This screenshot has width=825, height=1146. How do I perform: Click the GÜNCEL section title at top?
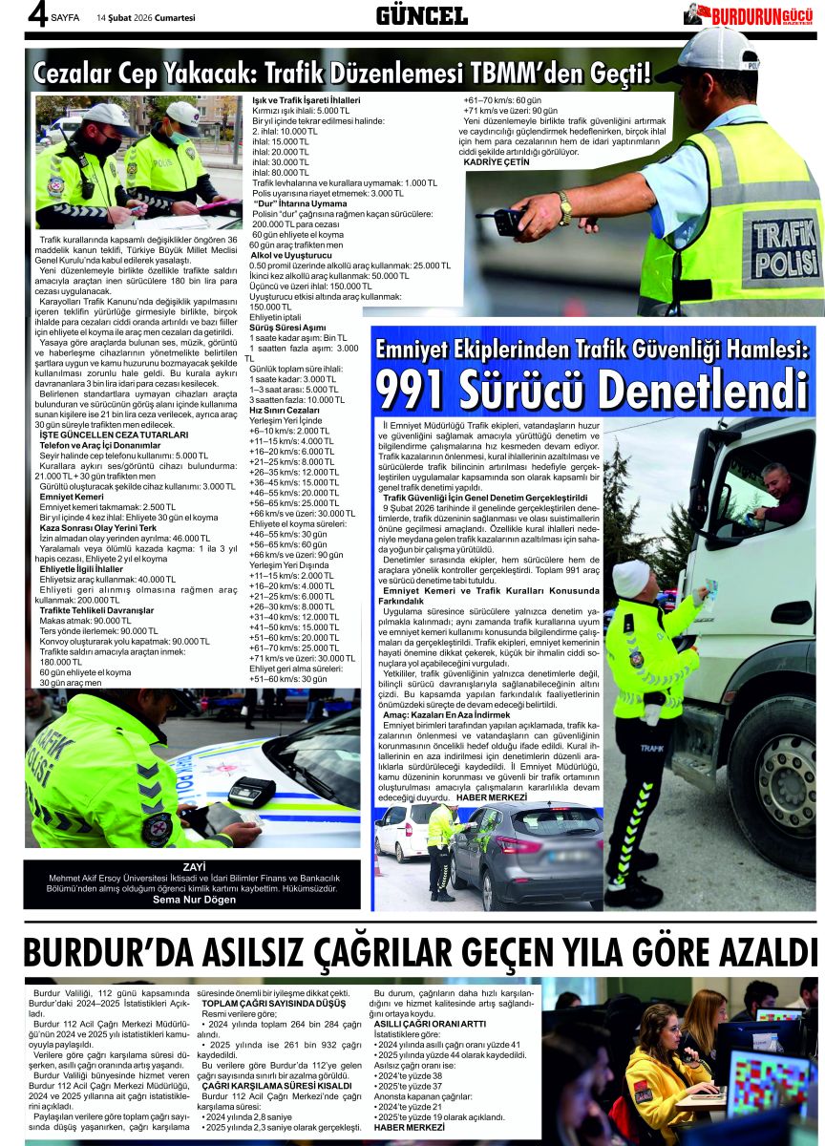click(421, 15)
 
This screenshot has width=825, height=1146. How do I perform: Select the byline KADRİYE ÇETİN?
click(496, 162)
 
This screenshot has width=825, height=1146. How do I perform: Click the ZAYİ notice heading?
click(194, 867)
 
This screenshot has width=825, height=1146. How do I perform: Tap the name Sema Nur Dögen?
click(194, 900)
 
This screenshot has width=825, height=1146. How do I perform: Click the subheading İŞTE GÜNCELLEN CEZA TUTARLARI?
click(113, 435)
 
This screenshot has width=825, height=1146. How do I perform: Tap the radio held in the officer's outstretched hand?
click(507, 222)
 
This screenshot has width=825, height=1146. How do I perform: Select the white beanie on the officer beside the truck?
click(630, 579)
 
